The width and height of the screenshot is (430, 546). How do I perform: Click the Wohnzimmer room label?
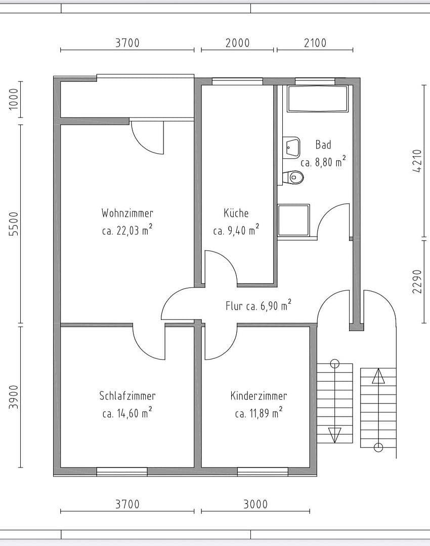[127, 213]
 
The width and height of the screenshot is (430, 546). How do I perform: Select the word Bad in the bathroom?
[323, 145]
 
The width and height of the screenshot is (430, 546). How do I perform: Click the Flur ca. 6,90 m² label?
[258, 305]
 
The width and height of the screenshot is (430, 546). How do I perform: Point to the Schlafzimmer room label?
[127, 396]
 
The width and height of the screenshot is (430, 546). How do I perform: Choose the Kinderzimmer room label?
[259, 396]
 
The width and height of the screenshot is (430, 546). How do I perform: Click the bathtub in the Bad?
[318, 99]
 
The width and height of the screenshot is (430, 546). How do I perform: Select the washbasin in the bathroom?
[292, 147]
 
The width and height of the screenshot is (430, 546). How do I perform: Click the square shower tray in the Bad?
[293, 220]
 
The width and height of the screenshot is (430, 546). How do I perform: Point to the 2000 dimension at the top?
[237, 43]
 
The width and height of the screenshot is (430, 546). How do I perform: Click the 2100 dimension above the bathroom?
[315, 43]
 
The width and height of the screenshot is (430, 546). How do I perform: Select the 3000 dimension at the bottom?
[255, 504]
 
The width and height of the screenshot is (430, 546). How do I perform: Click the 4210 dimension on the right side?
[417, 161]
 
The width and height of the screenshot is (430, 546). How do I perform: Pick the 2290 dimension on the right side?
[417, 281]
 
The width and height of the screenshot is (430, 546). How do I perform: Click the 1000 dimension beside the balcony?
[14, 99]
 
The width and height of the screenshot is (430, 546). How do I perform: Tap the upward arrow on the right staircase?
[378, 377]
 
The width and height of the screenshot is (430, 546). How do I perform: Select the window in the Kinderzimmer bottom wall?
[263, 472]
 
